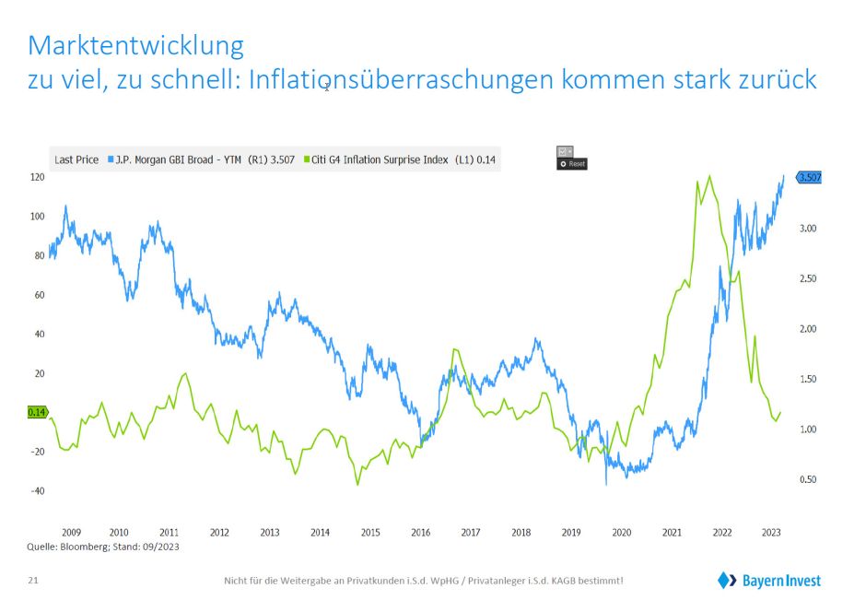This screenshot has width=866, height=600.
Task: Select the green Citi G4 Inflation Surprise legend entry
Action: (x=403, y=159)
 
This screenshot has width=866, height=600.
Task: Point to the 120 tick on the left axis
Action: (x=38, y=177)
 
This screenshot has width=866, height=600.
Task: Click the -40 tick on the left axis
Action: (x=37, y=491)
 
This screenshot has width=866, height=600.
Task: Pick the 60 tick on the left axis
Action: (x=40, y=295)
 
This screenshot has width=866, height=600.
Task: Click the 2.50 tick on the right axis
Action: (x=805, y=278)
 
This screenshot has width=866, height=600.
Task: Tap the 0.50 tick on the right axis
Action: (x=805, y=479)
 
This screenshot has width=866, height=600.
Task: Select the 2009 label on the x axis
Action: (x=72, y=533)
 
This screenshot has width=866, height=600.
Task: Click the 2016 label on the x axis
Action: (x=420, y=533)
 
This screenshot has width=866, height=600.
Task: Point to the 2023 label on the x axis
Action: (x=771, y=533)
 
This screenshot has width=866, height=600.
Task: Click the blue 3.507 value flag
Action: (x=809, y=177)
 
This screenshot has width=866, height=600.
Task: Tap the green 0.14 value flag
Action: (x=38, y=413)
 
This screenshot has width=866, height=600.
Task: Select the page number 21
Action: (x=33, y=581)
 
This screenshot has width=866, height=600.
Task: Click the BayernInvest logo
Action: (x=768, y=580)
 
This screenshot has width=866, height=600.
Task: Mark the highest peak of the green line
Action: (x=708, y=176)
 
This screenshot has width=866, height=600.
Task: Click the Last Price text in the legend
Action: (x=76, y=159)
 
